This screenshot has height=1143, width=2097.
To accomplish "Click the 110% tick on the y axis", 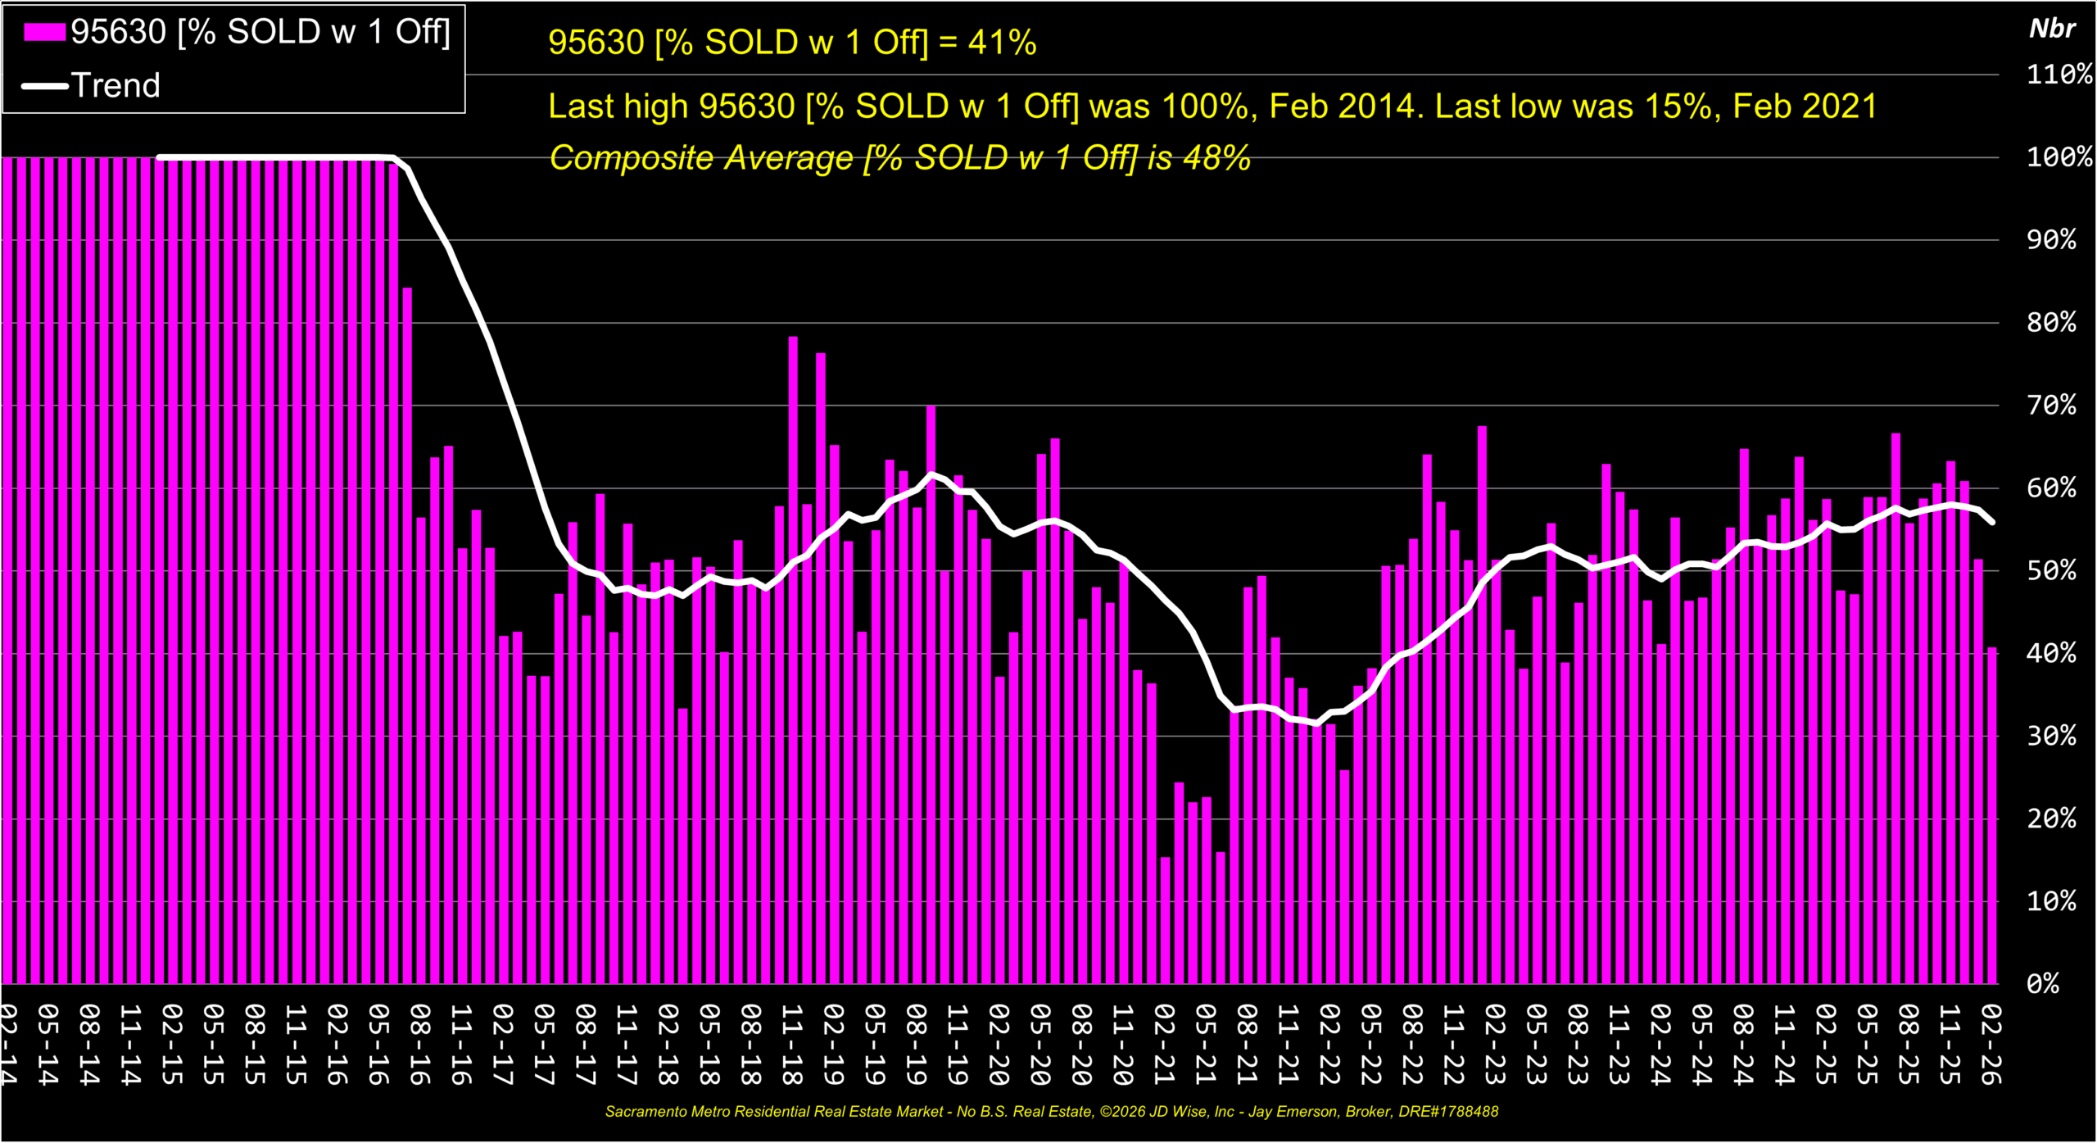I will tap(2058, 75).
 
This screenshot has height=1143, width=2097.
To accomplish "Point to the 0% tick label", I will tap(2042, 983).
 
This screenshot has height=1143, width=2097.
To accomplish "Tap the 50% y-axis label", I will tap(2051, 570).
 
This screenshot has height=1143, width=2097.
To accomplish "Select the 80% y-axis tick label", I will tap(2051, 322).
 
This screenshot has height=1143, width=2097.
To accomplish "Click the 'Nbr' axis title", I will tap(2052, 29).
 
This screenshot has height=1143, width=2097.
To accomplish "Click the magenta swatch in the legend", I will tap(44, 32).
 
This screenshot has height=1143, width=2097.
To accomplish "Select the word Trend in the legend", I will tap(115, 85).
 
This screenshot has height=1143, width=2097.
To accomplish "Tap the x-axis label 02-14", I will tap(8, 1045).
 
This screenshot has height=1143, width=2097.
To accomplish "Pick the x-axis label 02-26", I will tap(1991, 1045).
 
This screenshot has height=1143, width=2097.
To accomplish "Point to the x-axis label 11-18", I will tap(792, 1045).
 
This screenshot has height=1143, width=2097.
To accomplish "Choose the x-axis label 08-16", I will tap(419, 1045).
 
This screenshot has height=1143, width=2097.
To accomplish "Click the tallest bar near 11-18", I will tap(793, 655).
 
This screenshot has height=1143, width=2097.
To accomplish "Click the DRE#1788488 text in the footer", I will tap(1448, 1112).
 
